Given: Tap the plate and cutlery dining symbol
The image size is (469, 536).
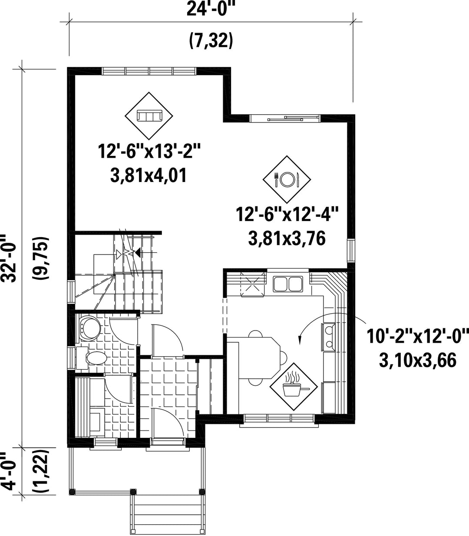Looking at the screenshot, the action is (287, 179).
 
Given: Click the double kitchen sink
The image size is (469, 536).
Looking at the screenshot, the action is (288, 284).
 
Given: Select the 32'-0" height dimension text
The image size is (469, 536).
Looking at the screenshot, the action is (10, 258).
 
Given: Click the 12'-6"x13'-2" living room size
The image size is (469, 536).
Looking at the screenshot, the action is (149, 152).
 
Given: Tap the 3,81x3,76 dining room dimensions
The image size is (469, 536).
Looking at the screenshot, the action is (287, 238).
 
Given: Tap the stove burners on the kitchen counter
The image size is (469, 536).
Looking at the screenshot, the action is (328, 337).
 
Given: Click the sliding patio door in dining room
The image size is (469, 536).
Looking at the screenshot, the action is (285, 119).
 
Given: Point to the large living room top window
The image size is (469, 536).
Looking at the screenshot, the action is (149, 71).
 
